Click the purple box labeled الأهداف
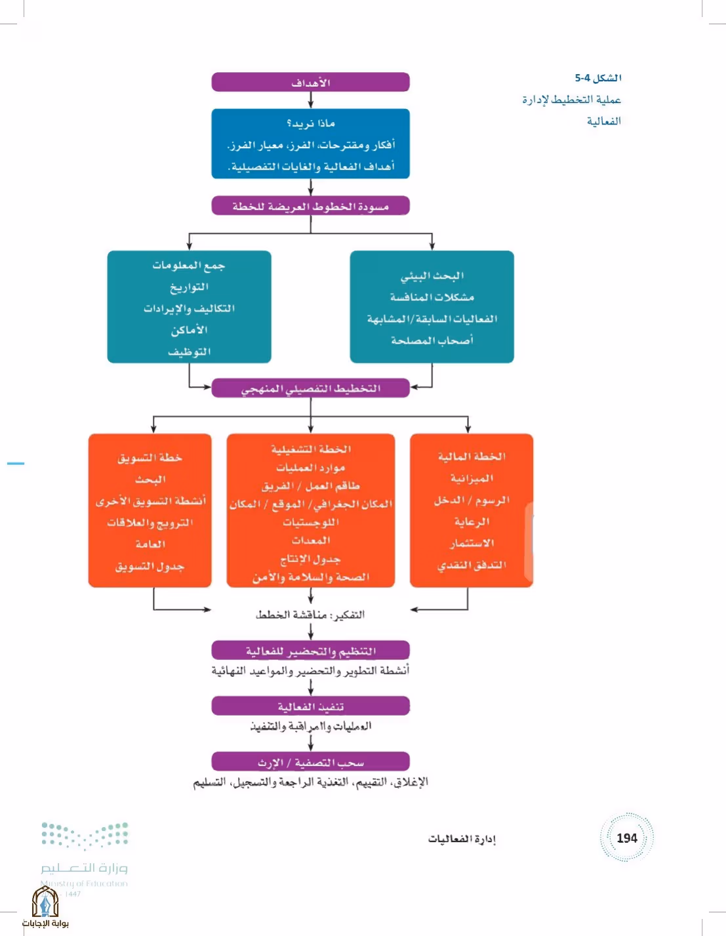click(x=310, y=82)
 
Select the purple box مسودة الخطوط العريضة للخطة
click(x=310, y=206)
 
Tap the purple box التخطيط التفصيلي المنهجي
click(x=310, y=388)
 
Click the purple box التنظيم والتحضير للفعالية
click(x=310, y=650)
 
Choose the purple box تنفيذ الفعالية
click(x=310, y=706)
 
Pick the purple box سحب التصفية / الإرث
click(x=310, y=761)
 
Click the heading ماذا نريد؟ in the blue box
click(x=311, y=123)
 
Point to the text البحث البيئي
click(x=432, y=275)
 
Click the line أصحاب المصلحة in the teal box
click(x=432, y=340)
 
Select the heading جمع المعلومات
click(x=189, y=266)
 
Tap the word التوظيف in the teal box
click(x=189, y=352)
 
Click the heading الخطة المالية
click(x=472, y=457)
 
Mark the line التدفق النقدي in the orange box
click(x=472, y=565)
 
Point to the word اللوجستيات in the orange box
click(x=310, y=523)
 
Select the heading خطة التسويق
click(x=150, y=457)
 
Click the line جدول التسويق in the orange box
click(x=150, y=567)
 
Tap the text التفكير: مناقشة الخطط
click(x=310, y=615)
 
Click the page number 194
click(x=626, y=838)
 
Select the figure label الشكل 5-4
click(x=598, y=78)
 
